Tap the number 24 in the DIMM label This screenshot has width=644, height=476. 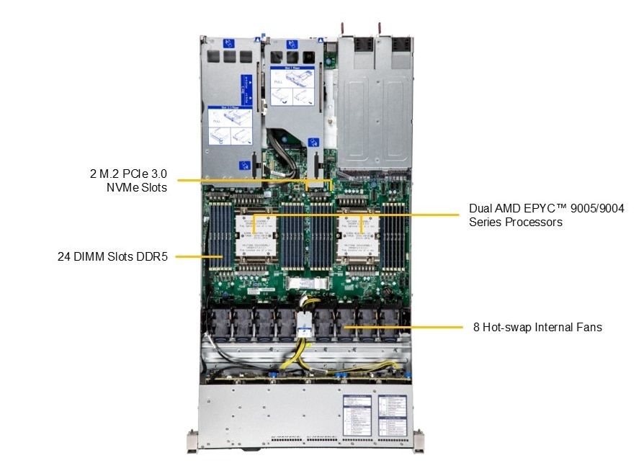(x=64, y=256)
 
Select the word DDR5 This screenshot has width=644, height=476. (x=151, y=256)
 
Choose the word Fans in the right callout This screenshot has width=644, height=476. (x=588, y=327)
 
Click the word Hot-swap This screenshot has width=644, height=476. (x=506, y=327)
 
